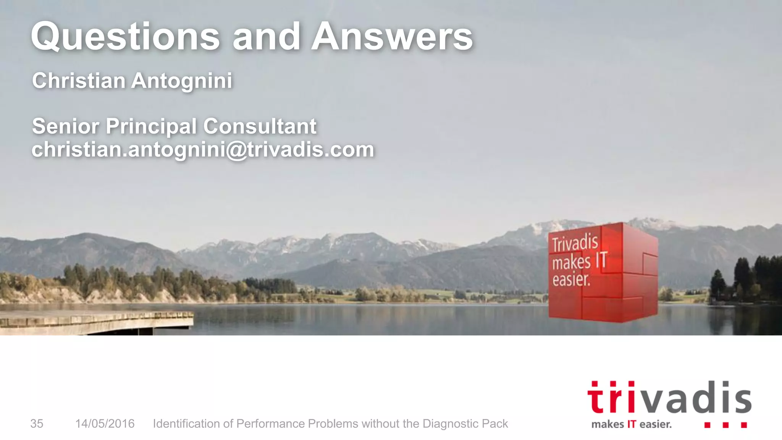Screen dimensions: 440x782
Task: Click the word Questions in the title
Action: click(x=126, y=37)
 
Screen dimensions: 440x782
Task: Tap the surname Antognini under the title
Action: click(x=182, y=81)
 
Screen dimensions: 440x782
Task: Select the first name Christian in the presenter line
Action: click(x=79, y=81)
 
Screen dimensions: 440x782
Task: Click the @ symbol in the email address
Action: click(x=237, y=150)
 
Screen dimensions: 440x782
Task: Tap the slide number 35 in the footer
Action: click(x=37, y=424)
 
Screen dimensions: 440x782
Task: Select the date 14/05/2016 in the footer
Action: click(x=105, y=424)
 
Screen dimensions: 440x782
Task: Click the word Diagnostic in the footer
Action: click(x=450, y=424)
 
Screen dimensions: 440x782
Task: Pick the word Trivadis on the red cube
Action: click(x=575, y=243)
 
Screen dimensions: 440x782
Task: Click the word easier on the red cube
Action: click(x=571, y=280)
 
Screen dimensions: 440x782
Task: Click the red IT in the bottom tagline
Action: click(x=632, y=424)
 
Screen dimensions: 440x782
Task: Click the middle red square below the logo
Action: click(x=725, y=425)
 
